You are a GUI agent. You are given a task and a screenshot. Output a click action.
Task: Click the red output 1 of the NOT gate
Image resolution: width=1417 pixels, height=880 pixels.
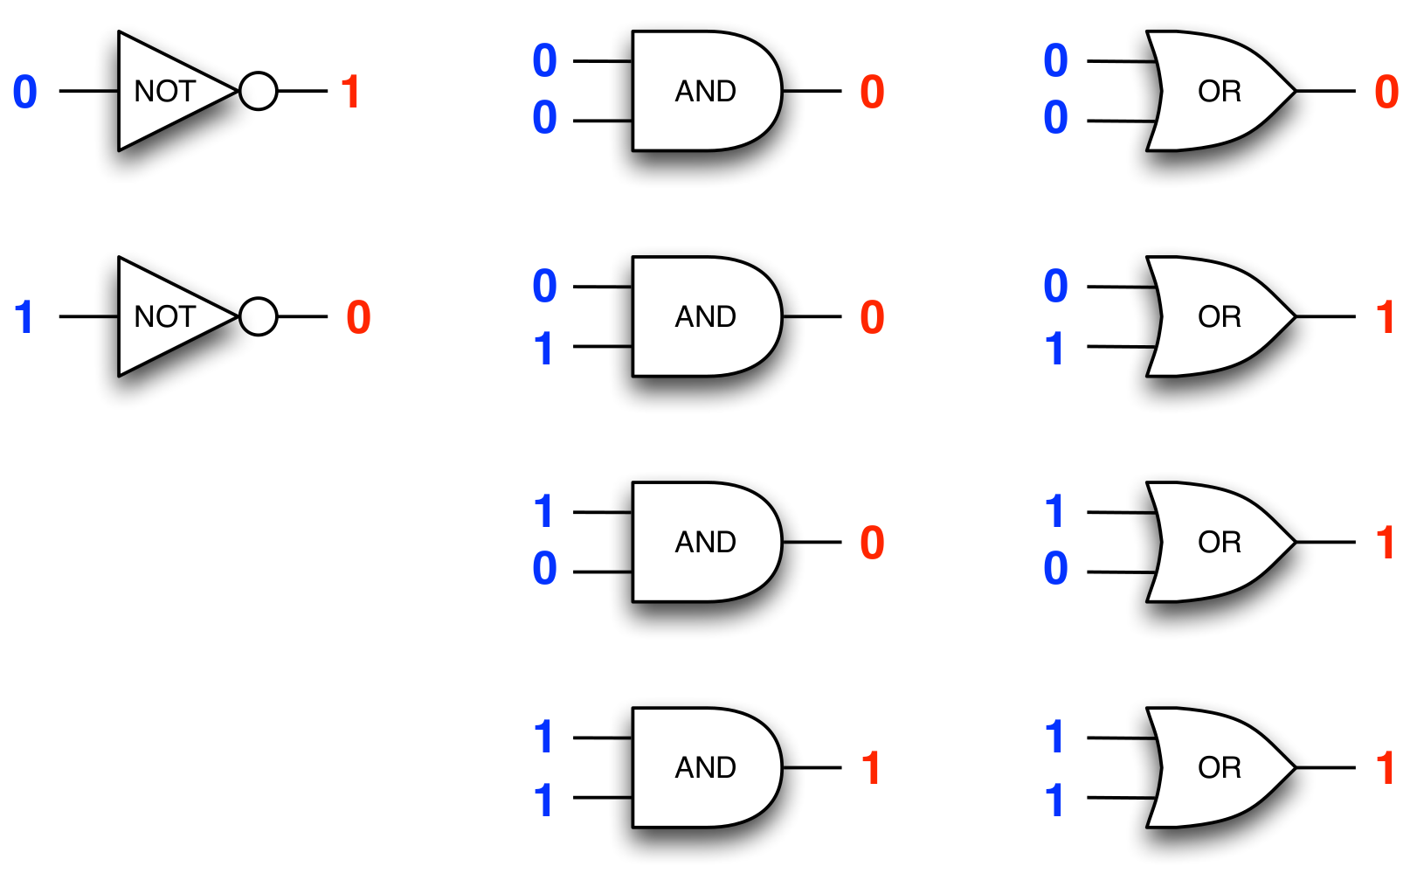(x=350, y=92)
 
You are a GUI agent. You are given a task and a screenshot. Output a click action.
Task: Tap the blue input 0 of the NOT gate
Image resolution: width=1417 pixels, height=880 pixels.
(x=25, y=92)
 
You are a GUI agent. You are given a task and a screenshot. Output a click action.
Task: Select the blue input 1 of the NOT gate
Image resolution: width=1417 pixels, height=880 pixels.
(x=24, y=317)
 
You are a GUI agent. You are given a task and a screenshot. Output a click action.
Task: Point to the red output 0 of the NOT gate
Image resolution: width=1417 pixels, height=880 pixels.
(x=358, y=317)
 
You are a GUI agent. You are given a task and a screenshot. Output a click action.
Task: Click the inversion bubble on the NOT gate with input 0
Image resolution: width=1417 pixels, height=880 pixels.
(x=259, y=91)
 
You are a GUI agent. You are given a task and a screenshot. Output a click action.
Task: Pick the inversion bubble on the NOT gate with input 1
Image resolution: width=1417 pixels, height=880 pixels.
(x=259, y=316)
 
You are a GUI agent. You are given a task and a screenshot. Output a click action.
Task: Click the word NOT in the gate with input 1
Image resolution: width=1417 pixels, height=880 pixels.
(x=164, y=316)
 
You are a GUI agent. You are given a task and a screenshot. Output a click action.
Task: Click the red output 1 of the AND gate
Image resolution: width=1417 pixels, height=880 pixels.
(x=871, y=768)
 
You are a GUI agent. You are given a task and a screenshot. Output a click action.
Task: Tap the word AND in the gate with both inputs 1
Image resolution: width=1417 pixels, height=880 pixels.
(x=705, y=767)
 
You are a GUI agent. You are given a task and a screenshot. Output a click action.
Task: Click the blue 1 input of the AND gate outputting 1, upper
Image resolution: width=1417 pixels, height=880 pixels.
(x=543, y=737)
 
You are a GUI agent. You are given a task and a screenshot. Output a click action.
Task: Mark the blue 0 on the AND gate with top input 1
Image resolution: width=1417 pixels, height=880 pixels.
(x=544, y=569)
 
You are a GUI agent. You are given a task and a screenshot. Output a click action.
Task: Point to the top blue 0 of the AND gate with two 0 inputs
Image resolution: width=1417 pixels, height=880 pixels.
(x=544, y=61)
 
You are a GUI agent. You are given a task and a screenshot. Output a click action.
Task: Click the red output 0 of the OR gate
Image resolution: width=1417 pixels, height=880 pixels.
(x=1386, y=92)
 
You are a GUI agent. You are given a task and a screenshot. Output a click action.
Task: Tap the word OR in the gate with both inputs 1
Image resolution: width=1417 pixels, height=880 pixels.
(x=1220, y=767)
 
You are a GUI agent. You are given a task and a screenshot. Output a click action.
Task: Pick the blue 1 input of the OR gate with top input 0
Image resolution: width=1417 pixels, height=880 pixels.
(x=1054, y=349)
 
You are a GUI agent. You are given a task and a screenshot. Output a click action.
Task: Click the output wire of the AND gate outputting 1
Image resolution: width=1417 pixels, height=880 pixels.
(x=812, y=768)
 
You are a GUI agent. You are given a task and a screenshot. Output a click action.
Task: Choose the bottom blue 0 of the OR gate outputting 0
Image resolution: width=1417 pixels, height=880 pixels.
(x=1055, y=118)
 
